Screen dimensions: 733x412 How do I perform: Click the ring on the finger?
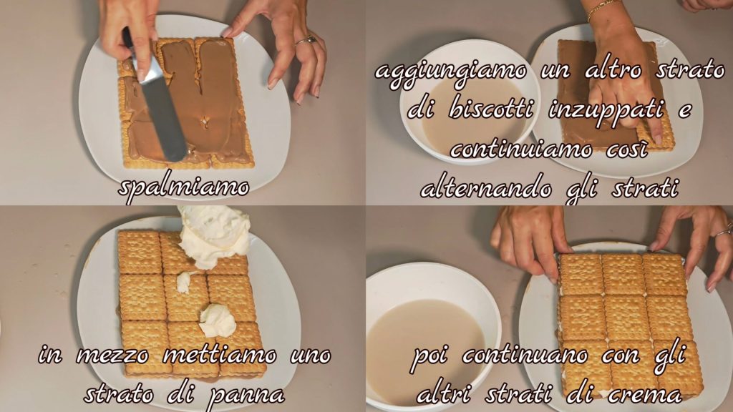306,41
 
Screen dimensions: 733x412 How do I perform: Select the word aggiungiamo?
451,73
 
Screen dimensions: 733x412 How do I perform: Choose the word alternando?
486,189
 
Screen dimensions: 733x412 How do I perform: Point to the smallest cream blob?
184,283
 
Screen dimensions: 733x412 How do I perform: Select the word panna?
246,396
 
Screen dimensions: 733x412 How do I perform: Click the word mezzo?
112,357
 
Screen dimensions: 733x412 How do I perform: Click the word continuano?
525,356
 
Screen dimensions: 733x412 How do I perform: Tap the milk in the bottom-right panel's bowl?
424,345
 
